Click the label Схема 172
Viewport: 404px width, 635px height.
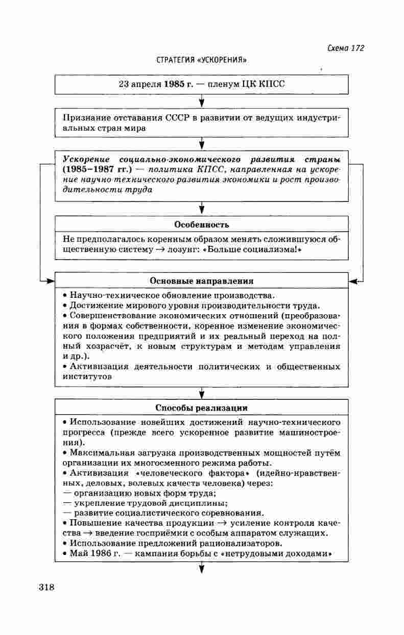pyautogui.click(x=345, y=48)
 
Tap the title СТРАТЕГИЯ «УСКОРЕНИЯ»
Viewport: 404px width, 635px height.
pyautogui.click(x=201, y=60)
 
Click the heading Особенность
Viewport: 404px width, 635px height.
pyautogui.click(x=201, y=224)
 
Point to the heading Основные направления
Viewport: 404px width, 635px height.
pyautogui.click(x=201, y=281)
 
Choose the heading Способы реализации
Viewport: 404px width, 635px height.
pyautogui.click(x=201, y=408)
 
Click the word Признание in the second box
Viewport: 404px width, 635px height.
pyautogui.click(x=85, y=118)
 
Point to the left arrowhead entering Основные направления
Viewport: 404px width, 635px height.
pyautogui.click(x=50, y=281)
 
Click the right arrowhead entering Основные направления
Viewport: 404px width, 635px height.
pyautogui.click(x=353, y=281)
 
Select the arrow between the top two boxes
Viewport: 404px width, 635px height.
pyautogui.click(x=202, y=101)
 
